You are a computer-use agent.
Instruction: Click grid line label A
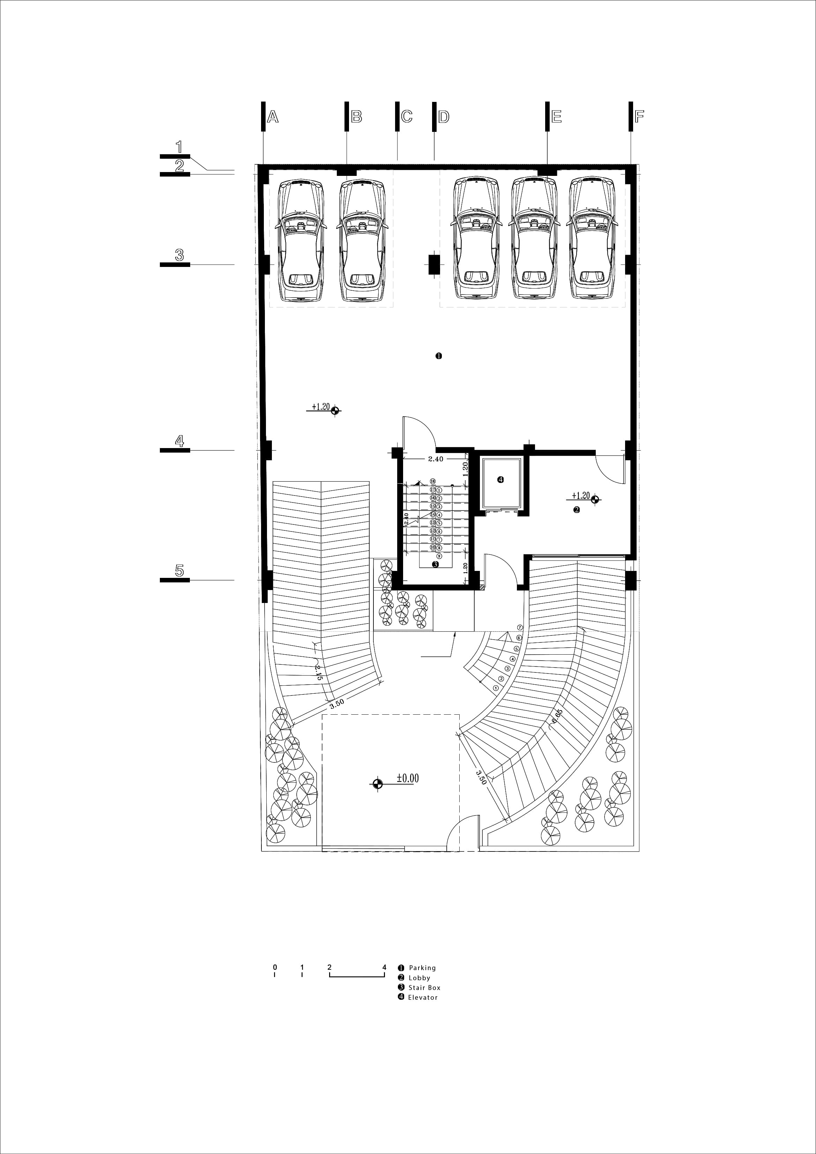pyautogui.click(x=273, y=117)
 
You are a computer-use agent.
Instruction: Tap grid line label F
pyautogui.click(x=639, y=117)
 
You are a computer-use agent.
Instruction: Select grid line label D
pyautogui.click(x=444, y=117)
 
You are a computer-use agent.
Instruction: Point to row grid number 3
pyautogui.click(x=179, y=255)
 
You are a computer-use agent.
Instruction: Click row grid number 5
pyautogui.click(x=179, y=571)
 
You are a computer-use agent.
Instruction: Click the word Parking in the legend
pyautogui.click(x=422, y=968)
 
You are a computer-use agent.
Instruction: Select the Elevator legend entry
pyautogui.click(x=422, y=997)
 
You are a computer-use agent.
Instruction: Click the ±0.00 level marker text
pyautogui.click(x=407, y=778)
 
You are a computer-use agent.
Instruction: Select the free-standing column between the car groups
pyautogui.click(x=434, y=265)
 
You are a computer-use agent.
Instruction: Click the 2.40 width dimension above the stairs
pyautogui.click(x=436, y=459)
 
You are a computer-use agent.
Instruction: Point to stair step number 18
pyautogui.click(x=432, y=481)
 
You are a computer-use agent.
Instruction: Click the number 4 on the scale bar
pyautogui.click(x=384, y=967)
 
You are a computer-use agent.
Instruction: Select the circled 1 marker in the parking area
pyautogui.click(x=438, y=356)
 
